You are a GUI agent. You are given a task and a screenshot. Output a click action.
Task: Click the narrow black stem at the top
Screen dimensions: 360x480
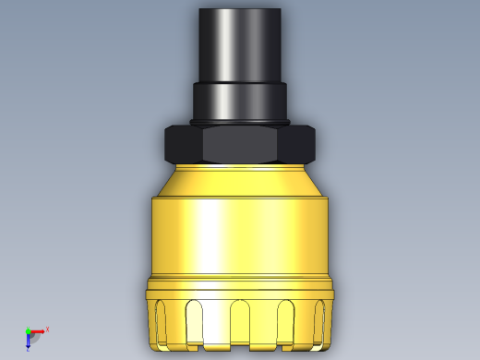coord(240,44)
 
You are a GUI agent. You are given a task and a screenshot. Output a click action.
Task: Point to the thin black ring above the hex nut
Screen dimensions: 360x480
coord(240,122)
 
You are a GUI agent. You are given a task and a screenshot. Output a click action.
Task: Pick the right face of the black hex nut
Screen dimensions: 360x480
coord(300,144)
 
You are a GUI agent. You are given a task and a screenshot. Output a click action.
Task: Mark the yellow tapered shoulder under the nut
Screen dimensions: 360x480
coord(240,179)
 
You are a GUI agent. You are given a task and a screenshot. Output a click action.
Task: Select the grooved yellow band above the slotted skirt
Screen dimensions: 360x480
coord(240,286)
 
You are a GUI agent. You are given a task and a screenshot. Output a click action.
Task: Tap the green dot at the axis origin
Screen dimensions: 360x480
coord(28,330)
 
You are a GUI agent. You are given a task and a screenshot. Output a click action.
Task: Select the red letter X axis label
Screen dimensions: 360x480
coord(47,329)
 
